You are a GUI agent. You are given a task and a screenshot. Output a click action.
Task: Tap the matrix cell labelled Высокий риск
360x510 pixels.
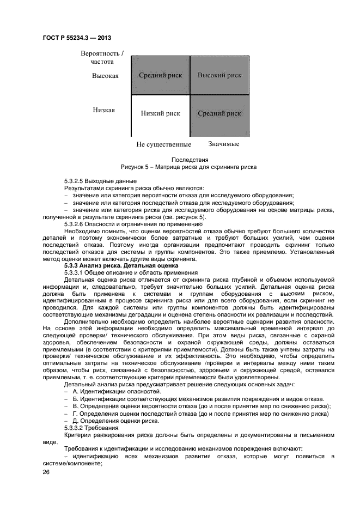point(219,75)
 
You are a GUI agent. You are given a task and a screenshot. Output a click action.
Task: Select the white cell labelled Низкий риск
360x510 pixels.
point(160,113)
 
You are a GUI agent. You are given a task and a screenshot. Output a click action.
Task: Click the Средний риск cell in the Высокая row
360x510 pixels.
point(160,75)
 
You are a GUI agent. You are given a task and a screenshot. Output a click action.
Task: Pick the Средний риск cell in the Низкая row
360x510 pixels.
point(219,113)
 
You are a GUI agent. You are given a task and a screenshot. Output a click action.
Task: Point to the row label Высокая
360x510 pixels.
point(105,76)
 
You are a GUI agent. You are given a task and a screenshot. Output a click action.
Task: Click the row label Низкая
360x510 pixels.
point(103,110)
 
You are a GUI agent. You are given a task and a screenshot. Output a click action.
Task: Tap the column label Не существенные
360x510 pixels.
point(163,144)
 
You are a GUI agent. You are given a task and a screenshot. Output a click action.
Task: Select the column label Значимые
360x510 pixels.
point(223,144)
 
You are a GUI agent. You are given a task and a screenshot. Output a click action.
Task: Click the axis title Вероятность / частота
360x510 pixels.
point(102,58)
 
